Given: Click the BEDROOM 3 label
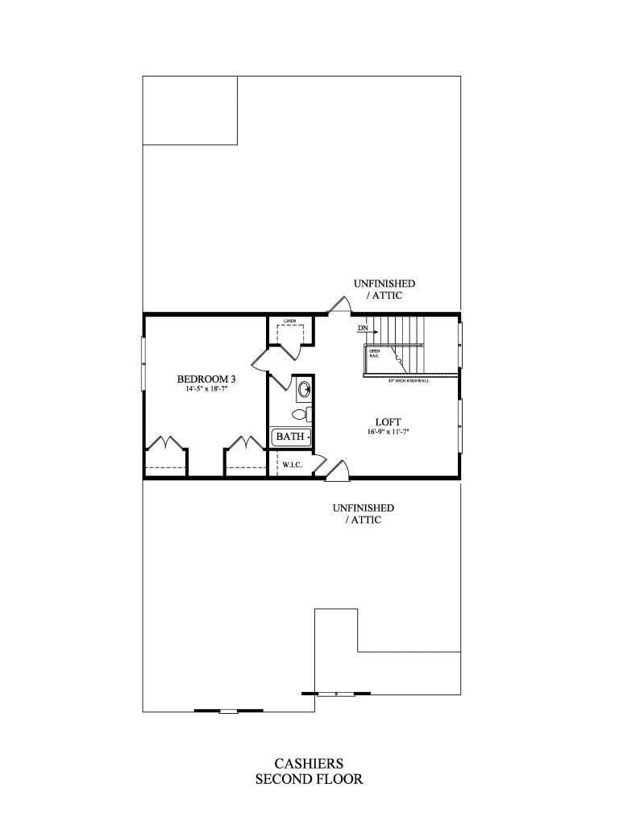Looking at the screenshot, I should coord(206,379).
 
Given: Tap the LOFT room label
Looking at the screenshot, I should coord(388,421).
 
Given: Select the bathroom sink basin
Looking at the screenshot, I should coord(303,391).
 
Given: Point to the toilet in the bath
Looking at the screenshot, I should coord(300,415).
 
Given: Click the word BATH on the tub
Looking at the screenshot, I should coord(290,437).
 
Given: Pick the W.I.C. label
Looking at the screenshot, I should coord(290,464).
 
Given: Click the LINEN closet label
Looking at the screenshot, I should coord(289,321).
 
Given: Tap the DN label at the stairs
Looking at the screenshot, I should coord(362,329).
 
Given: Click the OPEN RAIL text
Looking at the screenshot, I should coord(375,353).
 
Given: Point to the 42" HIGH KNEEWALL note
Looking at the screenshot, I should coord(409,380).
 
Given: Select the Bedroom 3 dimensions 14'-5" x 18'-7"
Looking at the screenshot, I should coord(206,389).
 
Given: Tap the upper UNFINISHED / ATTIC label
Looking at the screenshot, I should coord(384,289).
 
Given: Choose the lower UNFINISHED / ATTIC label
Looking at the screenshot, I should coord(363,514).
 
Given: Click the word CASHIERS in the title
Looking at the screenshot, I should coord(309,763).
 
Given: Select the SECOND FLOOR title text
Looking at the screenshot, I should coord(309,779).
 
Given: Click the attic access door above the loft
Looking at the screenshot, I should coord(339,305).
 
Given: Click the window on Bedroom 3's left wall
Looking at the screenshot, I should coord(144,361).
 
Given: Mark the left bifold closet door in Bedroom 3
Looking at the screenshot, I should coord(165,444).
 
